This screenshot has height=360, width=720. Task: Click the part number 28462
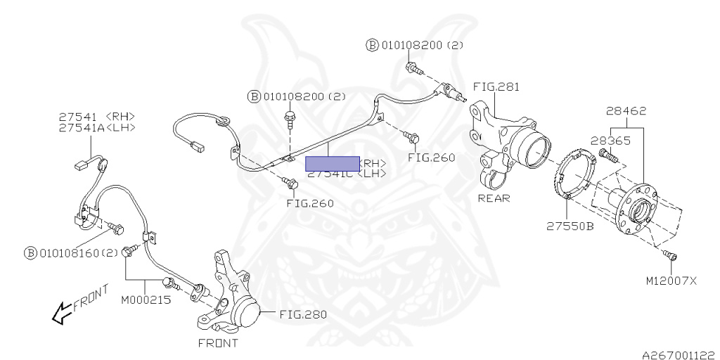(626, 111)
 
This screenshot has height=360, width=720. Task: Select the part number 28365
(610, 141)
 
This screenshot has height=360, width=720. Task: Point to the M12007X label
(671, 281)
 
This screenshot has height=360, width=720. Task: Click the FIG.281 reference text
(496, 87)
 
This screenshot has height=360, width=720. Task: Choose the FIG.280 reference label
(303, 314)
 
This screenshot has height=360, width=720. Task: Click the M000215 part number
(145, 300)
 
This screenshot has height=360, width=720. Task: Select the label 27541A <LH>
(96, 127)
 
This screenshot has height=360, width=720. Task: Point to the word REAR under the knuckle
(494, 198)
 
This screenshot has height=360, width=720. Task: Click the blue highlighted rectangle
(332, 163)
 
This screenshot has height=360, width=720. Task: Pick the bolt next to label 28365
(607, 155)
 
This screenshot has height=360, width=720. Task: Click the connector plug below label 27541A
(79, 167)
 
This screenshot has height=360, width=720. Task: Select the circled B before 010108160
(30, 252)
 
